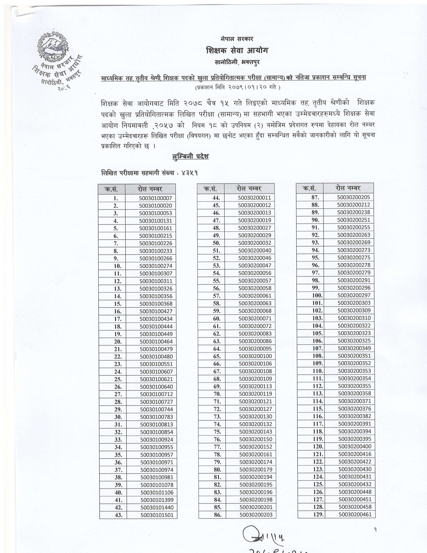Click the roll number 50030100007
(155, 198)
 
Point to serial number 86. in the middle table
(217, 515)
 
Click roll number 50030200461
(355, 514)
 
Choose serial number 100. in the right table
(317, 295)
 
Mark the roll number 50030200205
(353, 197)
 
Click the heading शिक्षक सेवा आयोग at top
(237, 51)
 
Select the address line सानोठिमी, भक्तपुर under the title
(237, 62)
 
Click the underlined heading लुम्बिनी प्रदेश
(190, 156)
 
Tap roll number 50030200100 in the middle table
(255, 356)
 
